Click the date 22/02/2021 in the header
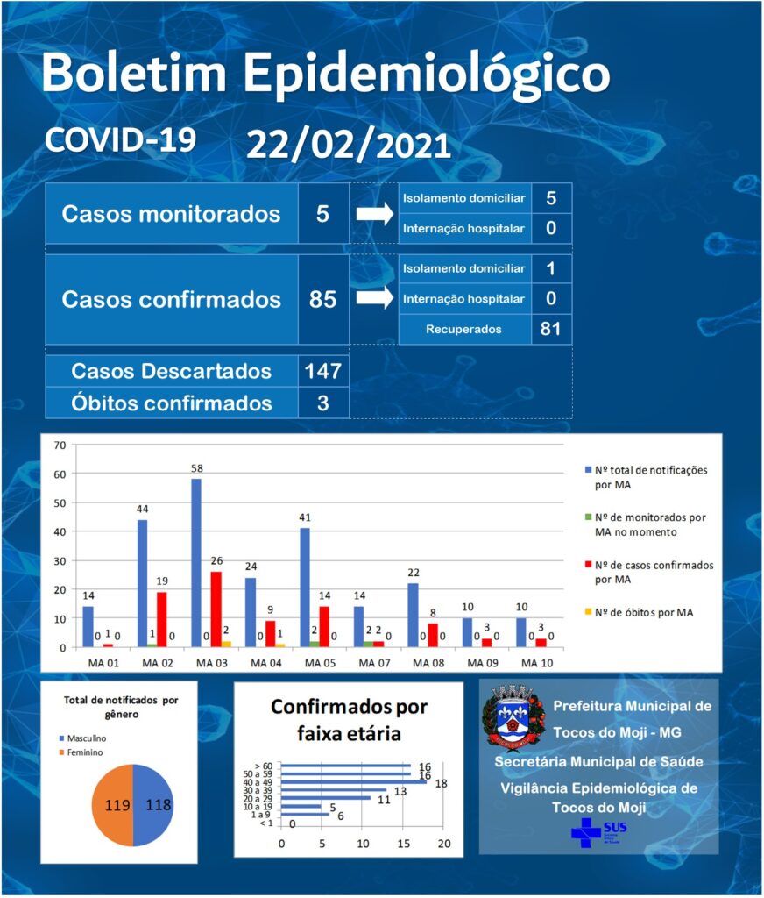(x=349, y=146)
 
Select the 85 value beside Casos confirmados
(x=322, y=299)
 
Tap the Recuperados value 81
(x=550, y=329)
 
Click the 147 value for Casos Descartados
(x=323, y=371)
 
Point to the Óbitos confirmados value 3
(x=323, y=403)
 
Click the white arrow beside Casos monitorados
(x=375, y=214)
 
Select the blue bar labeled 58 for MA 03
(x=196, y=563)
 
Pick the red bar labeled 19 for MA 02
(x=162, y=620)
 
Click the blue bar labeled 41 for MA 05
(x=305, y=588)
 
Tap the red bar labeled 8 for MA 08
(x=433, y=636)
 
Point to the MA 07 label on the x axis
(x=374, y=663)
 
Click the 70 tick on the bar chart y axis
(x=60, y=445)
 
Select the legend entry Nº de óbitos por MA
(x=639, y=613)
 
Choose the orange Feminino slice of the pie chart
(x=113, y=805)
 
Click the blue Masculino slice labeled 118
(x=153, y=805)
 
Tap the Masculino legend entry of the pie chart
(x=83, y=738)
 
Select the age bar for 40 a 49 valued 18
(x=354, y=781)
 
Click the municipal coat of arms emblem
(x=513, y=717)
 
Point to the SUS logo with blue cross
(x=598, y=832)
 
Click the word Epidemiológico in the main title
(x=427, y=75)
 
